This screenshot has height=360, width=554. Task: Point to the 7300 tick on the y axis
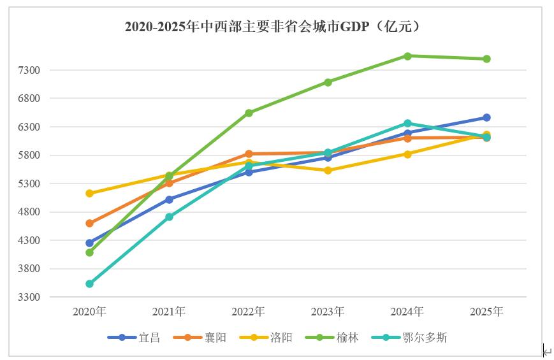point(29,70)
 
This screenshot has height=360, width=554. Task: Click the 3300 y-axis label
point(29,297)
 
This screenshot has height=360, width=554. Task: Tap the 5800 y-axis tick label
point(29,155)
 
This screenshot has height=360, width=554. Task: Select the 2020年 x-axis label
point(89,312)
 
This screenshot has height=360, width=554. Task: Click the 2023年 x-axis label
point(328,312)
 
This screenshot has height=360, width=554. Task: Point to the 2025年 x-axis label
point(486,312)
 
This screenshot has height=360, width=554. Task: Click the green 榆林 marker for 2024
point(407,56)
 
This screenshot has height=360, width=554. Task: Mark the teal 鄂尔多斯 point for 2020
point(90,284)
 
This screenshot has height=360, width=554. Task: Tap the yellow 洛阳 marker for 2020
point(90,193)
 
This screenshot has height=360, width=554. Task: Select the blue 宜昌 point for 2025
point(486,117)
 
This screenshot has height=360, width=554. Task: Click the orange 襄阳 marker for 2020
point(90,224)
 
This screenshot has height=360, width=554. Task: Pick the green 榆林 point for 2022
point(249,113)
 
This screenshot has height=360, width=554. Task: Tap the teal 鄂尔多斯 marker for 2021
point(169,217)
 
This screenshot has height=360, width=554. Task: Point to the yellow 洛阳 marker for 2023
point(328,170)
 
